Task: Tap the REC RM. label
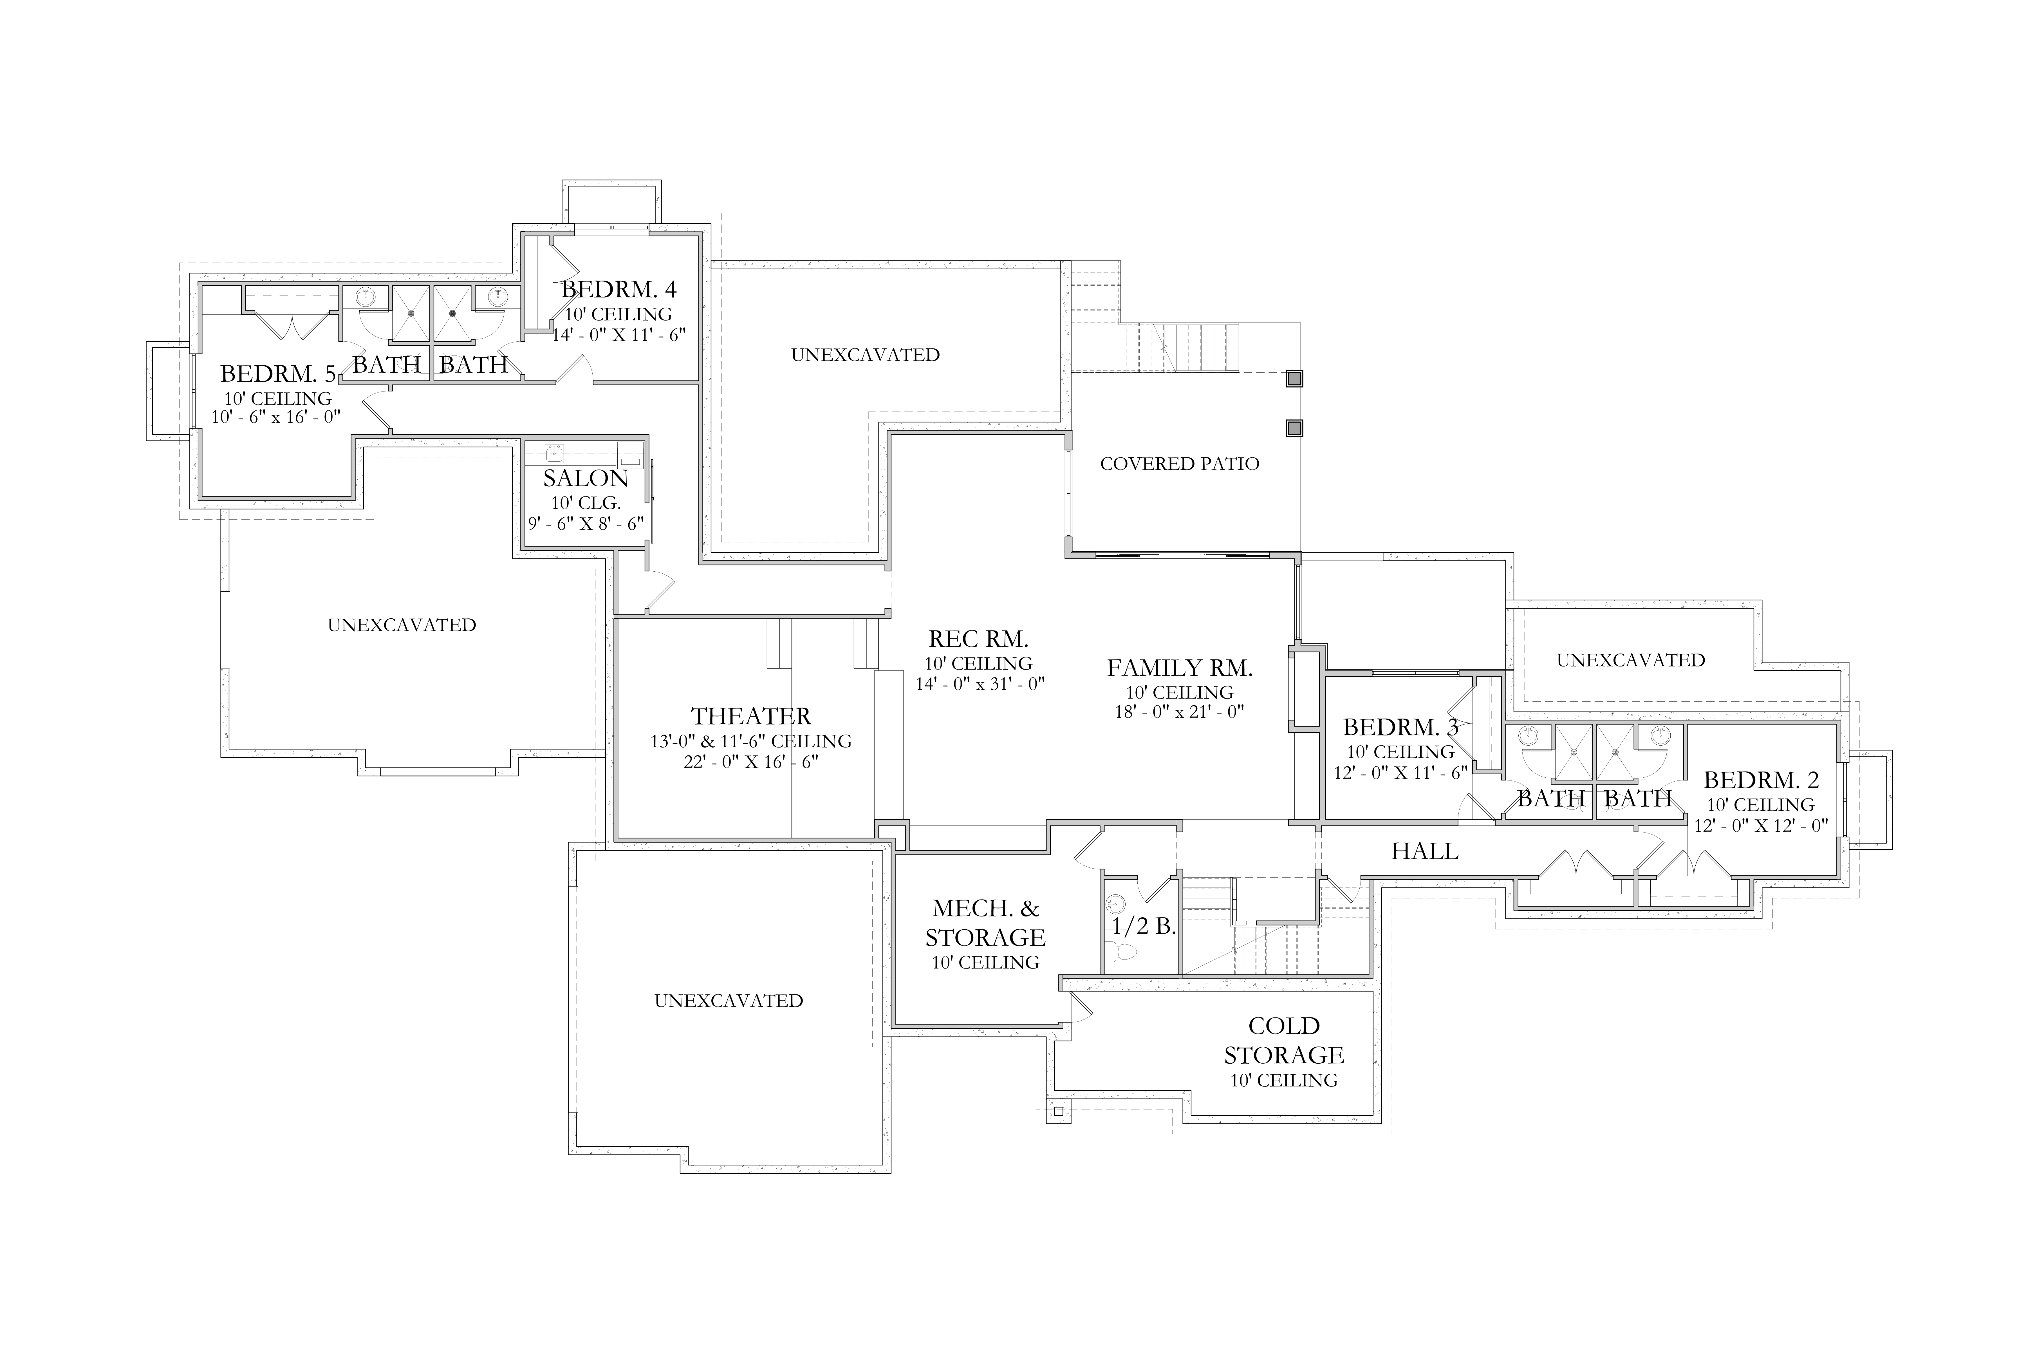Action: pyautogui.click(x=979, y=639)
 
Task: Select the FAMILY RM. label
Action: pyautogui.click(x=1179, y=668)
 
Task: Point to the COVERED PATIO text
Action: pyautogui.click(x=1179, y=464)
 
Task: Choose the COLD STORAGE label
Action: pyautogui.click(x=1283, y=1041)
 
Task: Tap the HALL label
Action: pyautogui.click(x=1425, y=851)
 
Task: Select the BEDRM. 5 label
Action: pyautogui.click(x=277, y=374)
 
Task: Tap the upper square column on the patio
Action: pyautogui.click(x=1294, y=378)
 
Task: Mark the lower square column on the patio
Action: pyautogui.click(x=1294, y=428)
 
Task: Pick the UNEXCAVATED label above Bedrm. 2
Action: pyautogui.click(x=1631, y=660)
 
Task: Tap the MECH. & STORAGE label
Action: pyautogui.click(x=985, y=923)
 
